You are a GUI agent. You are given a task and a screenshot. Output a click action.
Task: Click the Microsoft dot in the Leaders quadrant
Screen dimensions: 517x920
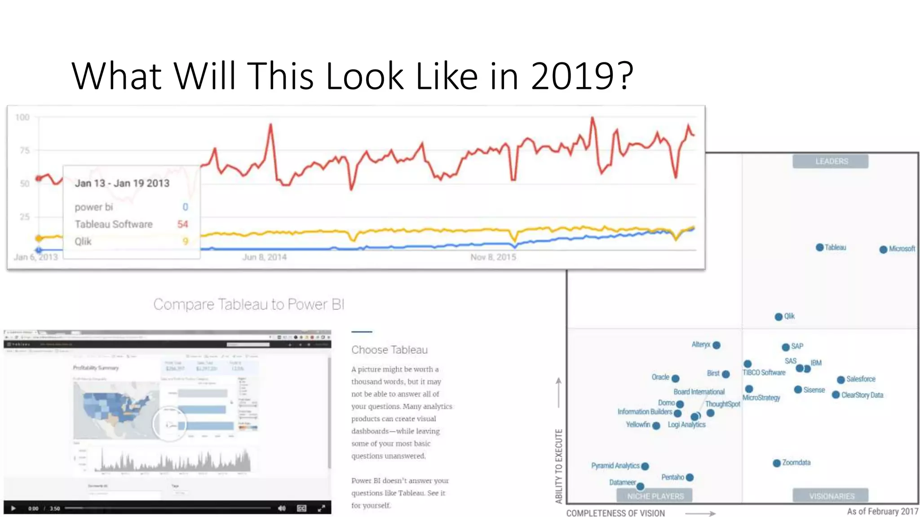tap(883, 249)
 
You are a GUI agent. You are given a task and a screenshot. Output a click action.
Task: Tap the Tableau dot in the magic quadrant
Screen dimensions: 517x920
tap(819, 247)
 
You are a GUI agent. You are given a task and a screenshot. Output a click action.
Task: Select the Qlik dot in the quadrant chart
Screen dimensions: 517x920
tap(778, 317)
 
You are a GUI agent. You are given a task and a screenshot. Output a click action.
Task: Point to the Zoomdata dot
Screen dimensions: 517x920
tap(777, 463)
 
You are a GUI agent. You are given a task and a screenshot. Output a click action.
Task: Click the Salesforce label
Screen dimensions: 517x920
tap(861, 379)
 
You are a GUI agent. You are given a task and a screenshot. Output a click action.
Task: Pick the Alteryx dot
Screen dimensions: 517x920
tap(717, 345)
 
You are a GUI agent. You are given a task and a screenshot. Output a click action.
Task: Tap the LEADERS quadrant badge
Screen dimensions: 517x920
tap(831, 162)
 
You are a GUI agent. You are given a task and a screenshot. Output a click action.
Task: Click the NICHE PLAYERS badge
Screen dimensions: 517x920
tap(655, 496)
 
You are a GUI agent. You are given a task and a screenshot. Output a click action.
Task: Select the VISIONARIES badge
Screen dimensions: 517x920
tap(832, 496)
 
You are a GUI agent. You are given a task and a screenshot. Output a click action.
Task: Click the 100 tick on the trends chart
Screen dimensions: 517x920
tap(22, 118)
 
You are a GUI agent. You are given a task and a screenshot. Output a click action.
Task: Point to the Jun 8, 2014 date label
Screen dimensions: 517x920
tap(264, 257)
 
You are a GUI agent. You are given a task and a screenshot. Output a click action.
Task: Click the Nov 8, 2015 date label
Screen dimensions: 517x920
tap(493, 257)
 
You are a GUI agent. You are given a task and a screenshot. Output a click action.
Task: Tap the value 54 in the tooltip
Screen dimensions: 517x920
tap(182, 224)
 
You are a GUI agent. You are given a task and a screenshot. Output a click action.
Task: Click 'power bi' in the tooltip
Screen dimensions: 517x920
tap(94, 207)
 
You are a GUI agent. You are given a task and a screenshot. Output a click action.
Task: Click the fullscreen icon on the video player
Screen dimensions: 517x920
tap(321, 508)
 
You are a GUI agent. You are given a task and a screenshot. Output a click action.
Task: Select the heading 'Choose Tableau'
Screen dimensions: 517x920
tap(389, 350)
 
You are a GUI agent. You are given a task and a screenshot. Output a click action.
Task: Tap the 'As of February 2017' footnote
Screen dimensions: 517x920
tap(882, 511)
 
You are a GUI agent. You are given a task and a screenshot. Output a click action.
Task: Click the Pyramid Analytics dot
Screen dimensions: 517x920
tap(645, 466)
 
